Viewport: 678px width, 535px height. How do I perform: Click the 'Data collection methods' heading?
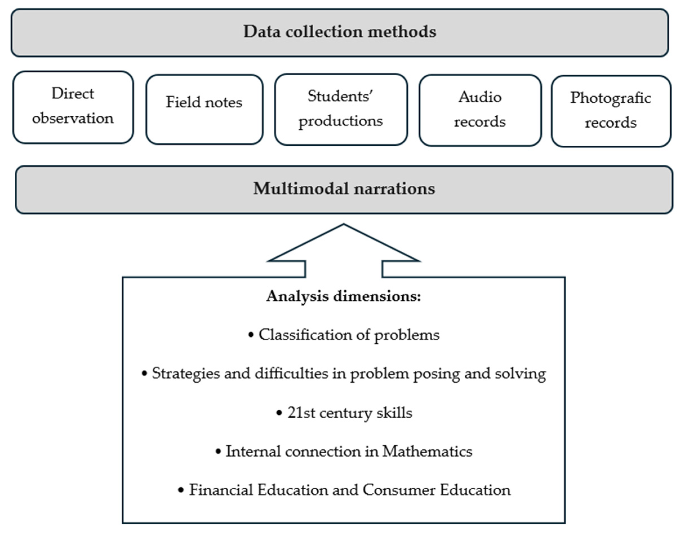[340, 32]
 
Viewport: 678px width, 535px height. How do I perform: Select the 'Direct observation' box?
[73, 107]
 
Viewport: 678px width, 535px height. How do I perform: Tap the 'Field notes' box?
[204, 109]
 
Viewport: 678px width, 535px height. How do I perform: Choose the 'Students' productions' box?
[341, 109]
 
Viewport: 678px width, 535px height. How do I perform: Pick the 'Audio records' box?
[480, 110]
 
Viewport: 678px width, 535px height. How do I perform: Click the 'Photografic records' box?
[610, 110]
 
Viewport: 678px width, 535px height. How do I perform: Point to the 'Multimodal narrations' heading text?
[344, 189]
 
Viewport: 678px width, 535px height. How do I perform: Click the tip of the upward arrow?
[344, 225]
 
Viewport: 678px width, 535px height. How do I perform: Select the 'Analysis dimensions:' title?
[344, 296]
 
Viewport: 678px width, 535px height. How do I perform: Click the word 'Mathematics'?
[427, 451]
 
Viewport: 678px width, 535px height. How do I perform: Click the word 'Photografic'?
[610, 98]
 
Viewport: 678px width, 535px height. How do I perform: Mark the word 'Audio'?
[480, 97]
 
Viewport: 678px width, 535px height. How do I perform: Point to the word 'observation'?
[73, 118]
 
